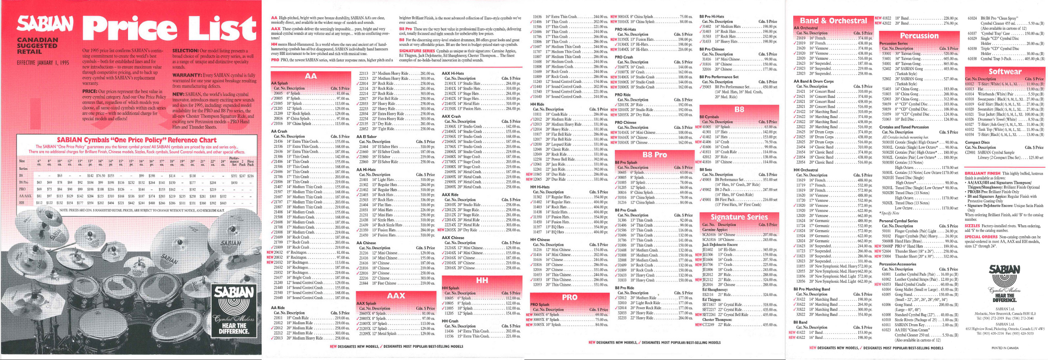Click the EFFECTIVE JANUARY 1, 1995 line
[43, 63]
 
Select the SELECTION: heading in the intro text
[185, 50]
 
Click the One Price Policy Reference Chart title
[137, 140]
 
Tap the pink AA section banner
[311, 76]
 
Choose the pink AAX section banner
[396, 295]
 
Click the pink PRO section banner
[570, 297]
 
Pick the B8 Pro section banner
[655, 154]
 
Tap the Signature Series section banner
[739, 217]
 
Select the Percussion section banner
[919, 36]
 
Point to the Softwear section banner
[1005, 72]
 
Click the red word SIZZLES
[972, 226]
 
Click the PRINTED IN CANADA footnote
[1005, 348]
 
